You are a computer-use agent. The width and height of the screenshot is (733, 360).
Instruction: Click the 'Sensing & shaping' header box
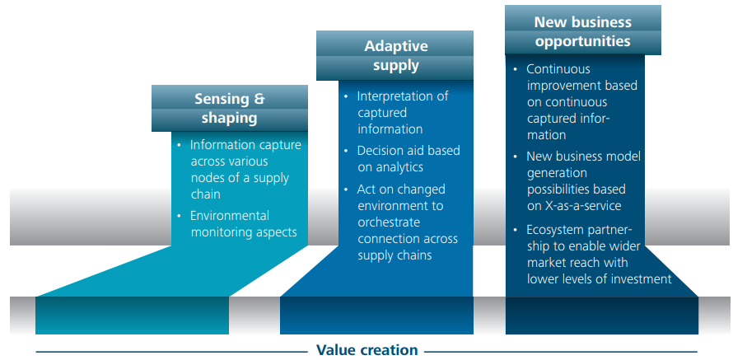230,108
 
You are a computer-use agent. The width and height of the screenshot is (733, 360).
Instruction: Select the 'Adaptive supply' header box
395,56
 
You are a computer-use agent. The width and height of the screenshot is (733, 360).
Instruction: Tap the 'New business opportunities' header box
583,30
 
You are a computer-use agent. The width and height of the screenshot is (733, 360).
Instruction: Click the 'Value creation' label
367,350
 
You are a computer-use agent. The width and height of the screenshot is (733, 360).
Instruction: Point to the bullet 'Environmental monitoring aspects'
240,224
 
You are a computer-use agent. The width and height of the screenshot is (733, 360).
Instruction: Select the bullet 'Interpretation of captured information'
399,112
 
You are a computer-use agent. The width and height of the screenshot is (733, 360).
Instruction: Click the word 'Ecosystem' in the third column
556,231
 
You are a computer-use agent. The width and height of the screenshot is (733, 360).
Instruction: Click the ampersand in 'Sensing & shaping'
259,99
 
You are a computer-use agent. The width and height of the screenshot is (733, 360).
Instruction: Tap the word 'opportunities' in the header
582,41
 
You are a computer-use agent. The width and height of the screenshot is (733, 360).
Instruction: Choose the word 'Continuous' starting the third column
558,69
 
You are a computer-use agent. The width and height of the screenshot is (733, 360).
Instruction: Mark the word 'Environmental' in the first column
230,216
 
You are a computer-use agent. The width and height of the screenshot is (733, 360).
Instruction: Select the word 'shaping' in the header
230,119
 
